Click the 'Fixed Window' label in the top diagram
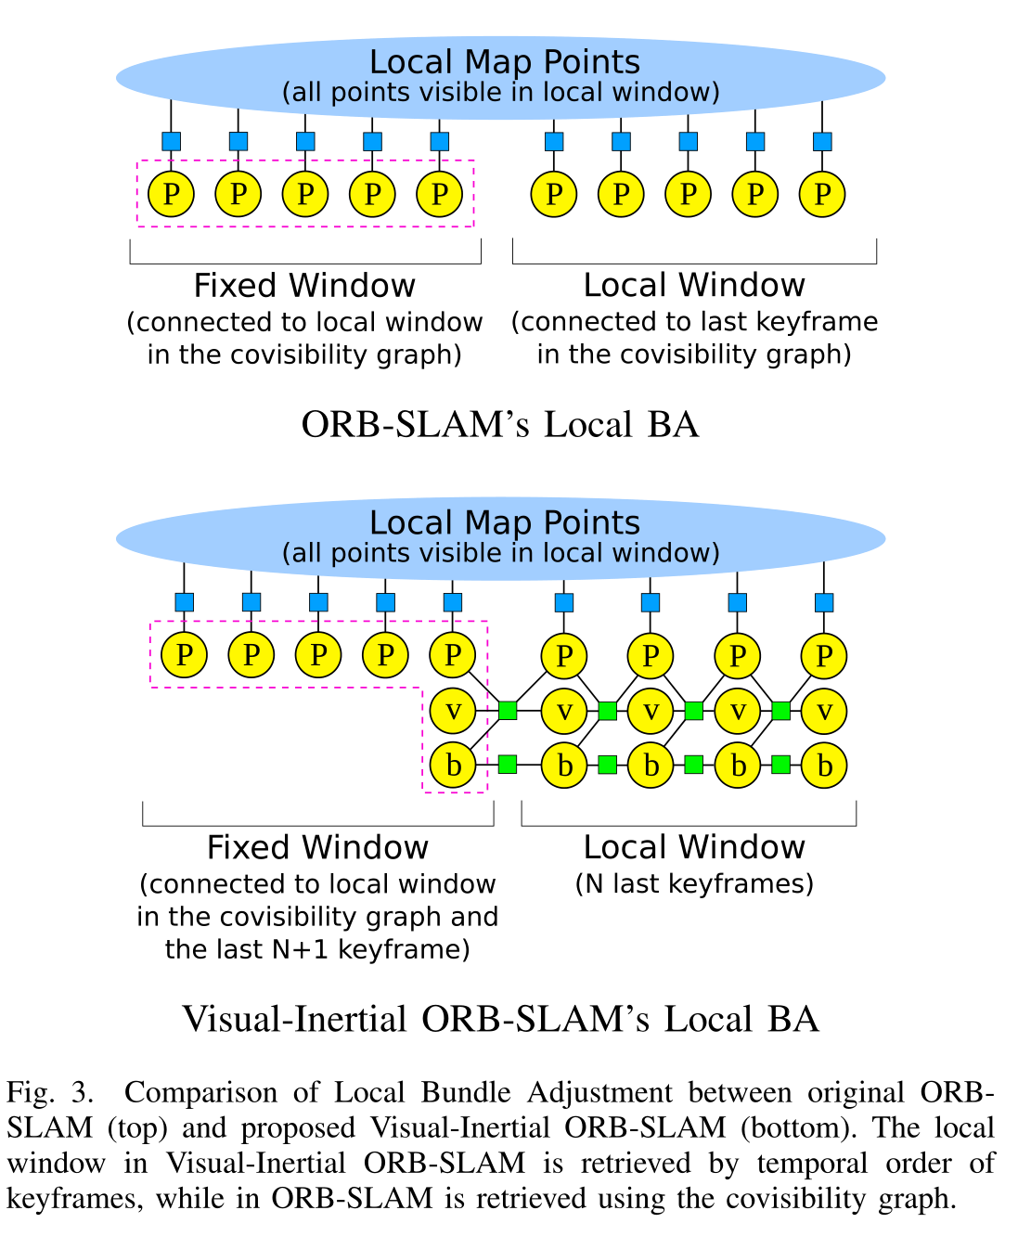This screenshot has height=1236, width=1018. [304, 285]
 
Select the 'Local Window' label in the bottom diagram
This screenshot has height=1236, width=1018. [694, 847]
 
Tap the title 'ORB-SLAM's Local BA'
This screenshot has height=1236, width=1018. [499, 425]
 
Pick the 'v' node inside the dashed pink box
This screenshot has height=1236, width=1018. [453, 712]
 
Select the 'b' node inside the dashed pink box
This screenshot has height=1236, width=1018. [453, 766]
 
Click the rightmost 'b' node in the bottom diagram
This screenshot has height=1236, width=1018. [824, 766]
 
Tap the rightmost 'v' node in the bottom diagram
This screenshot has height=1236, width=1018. [824, 712]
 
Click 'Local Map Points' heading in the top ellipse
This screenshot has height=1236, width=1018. [504, 62]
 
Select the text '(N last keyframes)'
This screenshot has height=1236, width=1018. [694, 883]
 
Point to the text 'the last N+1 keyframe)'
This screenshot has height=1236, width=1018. [317, 949]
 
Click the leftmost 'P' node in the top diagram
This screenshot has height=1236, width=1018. [172, 195]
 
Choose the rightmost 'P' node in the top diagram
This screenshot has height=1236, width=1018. [822, 195]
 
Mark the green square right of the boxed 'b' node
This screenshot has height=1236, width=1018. [508, 765]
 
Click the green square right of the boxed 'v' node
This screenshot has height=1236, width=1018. [508, 711]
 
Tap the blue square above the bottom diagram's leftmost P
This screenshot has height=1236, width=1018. [185, 602]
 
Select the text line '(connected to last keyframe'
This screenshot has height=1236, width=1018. [694, 322]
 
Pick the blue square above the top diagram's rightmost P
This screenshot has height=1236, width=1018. [822, 142]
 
